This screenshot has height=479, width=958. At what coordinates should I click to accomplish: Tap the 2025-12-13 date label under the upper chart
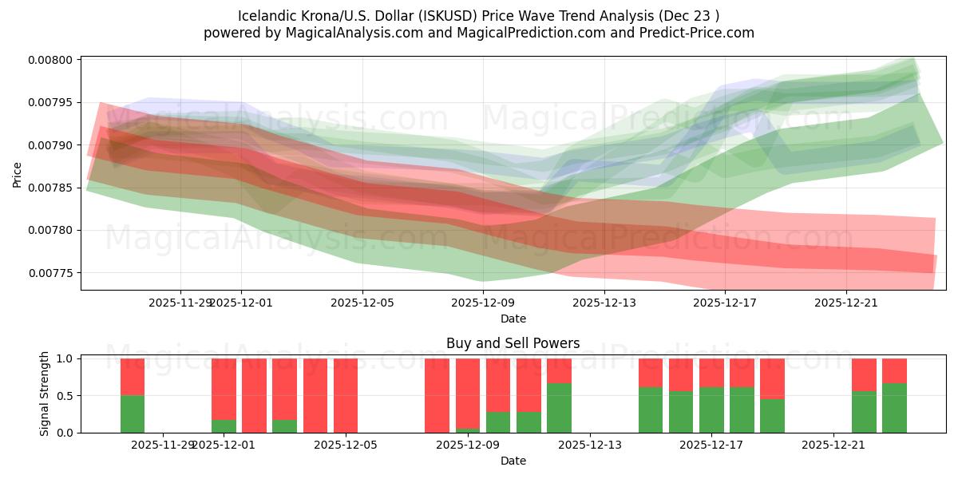[604, 303]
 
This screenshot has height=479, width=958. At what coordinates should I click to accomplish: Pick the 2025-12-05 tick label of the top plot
[362, 303]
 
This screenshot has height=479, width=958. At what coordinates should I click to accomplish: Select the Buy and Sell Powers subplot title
[513, 344]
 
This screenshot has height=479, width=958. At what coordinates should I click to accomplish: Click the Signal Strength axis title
[45, 394]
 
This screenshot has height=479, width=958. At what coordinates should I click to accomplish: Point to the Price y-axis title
[18, 173]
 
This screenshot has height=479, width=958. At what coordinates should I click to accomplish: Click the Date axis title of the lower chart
[513, 461]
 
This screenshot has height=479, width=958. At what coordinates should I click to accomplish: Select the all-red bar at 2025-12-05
[346, 395]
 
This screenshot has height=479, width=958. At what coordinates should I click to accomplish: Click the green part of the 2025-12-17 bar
[711, 410]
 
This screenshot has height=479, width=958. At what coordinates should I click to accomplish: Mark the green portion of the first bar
[133, 414]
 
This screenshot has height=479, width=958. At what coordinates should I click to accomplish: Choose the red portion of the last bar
[894, 370]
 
